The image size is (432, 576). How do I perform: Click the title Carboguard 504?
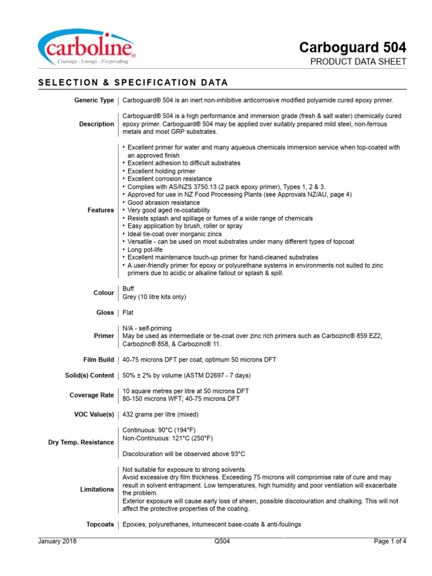352,47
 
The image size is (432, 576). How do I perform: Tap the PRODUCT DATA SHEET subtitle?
358,62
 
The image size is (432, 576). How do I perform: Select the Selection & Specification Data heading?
133,83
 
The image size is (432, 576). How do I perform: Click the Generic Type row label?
94,100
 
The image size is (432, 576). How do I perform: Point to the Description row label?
96,124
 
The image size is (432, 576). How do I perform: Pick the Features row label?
101,210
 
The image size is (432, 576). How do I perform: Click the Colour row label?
103,292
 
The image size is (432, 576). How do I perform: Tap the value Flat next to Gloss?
128,312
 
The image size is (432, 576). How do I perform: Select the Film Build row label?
98,359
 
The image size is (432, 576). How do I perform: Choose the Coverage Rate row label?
93,395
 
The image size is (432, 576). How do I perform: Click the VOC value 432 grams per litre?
160,415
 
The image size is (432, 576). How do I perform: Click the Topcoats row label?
100,524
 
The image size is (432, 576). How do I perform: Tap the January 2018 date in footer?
57,542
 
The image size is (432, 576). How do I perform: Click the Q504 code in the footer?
222,542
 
